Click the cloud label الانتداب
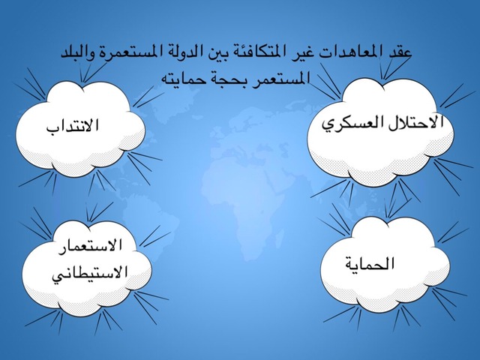coord(73,126)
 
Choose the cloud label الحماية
coord(370,263)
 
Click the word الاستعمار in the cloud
coord(90,246)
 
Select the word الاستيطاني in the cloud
coord(89,272)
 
